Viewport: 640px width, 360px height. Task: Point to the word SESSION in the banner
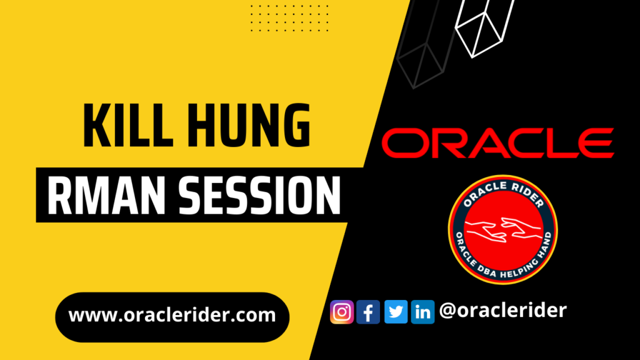259,196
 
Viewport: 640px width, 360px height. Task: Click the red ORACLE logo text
498,143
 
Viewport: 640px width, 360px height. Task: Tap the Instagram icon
342,312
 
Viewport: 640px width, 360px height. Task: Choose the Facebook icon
368,312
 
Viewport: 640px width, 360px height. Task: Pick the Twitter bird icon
396,312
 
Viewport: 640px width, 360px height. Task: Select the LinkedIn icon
423,312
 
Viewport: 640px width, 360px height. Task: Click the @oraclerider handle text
503,310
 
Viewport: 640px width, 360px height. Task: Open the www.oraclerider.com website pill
172,317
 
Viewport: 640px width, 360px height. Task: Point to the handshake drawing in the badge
503,229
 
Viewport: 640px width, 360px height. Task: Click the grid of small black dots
289,18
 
